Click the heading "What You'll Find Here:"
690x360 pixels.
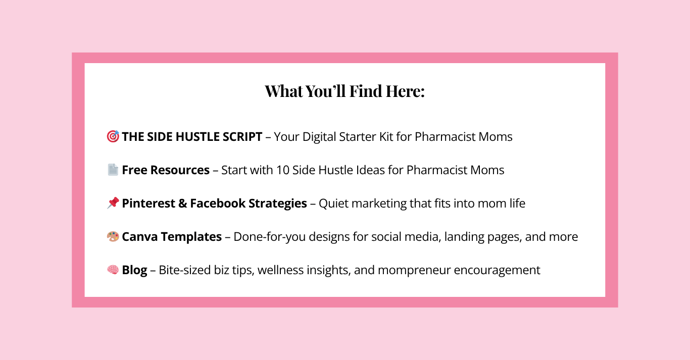point(344,91)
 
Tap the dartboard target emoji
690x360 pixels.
point(113,136)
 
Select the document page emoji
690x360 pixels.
point(113,170)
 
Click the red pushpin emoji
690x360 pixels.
point(113,203)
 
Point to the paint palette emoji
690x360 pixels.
point(113,236)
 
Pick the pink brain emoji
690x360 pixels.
point(113,270)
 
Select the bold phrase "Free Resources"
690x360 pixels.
point(166,170)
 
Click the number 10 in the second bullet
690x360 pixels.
point(282,170)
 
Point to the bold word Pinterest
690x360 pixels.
point(149,203)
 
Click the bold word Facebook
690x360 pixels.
point(218,203)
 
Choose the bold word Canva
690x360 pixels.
point(140,236)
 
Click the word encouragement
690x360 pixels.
point(497,271)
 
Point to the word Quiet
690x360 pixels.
point(333,203)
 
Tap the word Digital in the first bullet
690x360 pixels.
point(319,137)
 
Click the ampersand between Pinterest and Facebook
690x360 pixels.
point(183,203)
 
